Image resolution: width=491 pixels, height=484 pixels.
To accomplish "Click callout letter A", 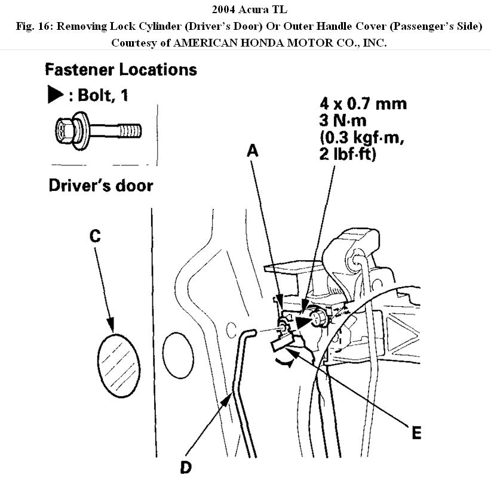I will (253, 152).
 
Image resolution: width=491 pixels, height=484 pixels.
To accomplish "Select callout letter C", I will (94, 236).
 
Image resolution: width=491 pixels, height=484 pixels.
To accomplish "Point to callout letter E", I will (416, 433).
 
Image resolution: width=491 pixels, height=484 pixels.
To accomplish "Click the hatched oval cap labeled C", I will (116, 365).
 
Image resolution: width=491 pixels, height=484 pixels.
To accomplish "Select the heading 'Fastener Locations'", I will (121, 70).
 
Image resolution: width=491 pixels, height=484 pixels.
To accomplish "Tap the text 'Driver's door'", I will (100, 186).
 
